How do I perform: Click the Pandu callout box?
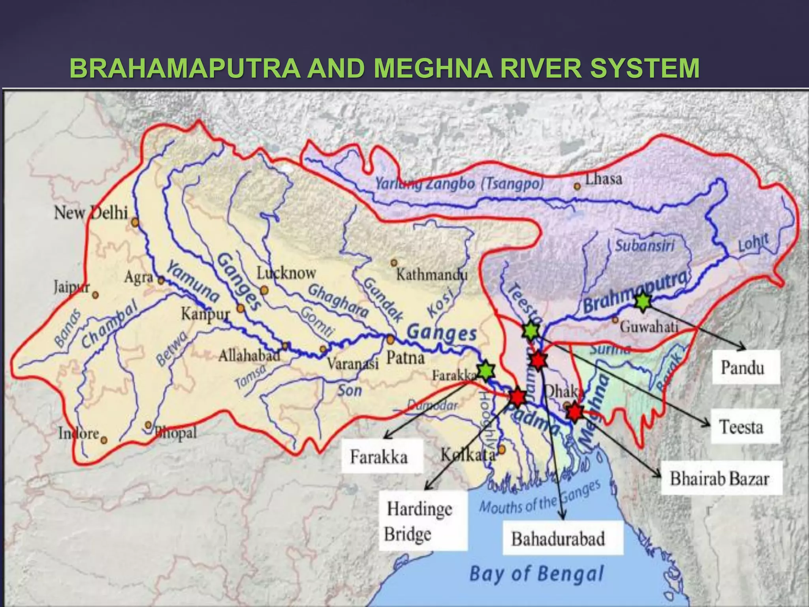tap(746, 367)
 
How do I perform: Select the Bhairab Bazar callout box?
tap(721, 478)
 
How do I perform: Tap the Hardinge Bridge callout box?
tap(422, 520)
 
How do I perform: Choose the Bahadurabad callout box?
tap(562, 538)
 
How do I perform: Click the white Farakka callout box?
tap(381, 456)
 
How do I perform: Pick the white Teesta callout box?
tap(745, 426)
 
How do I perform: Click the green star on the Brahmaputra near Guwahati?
tap(643, 302)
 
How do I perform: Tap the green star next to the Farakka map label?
tap(485, 370)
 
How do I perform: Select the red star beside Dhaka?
tap(575, 412)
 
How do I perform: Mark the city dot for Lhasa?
tap(577, 186)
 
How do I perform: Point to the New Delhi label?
tap(91, 213)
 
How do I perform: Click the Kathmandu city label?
tap(431, 274)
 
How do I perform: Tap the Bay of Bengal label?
tap(536, 574)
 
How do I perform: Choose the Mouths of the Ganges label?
tap(540, 498)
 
